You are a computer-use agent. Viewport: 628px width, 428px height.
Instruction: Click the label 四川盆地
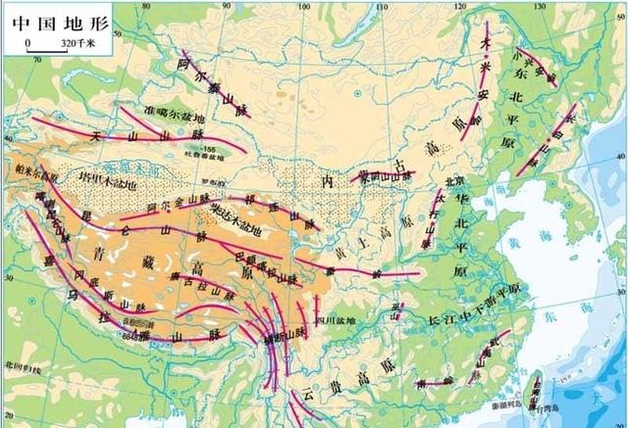(x=328, y=319)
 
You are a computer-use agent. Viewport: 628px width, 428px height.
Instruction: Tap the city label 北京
(x=453, y=181)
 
